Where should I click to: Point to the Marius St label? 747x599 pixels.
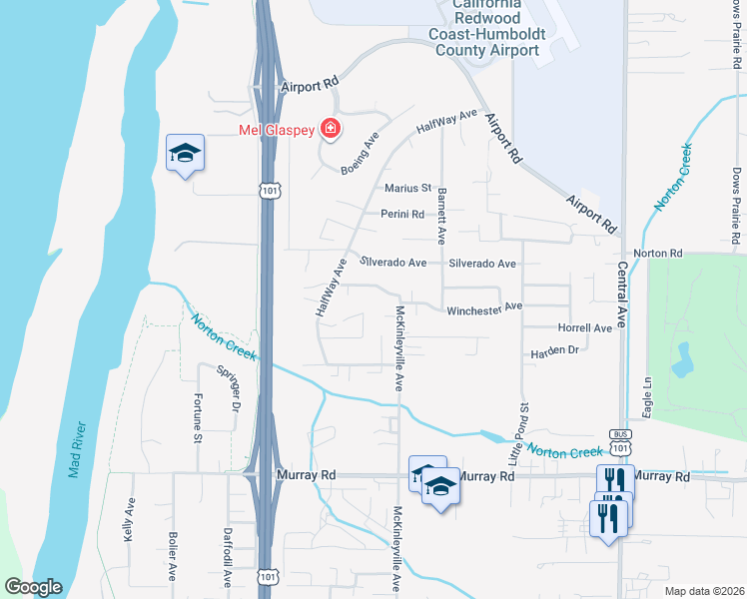(407, 188)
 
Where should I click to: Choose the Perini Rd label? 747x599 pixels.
(402, 214)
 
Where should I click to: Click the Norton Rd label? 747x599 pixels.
(663, 254)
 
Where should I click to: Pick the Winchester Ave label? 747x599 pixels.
(484, 309)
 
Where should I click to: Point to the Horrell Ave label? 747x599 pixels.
(585, 327)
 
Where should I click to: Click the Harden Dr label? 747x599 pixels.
(554, 351)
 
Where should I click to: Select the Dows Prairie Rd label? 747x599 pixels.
(735, 205)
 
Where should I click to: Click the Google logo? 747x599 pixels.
(33, 587)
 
